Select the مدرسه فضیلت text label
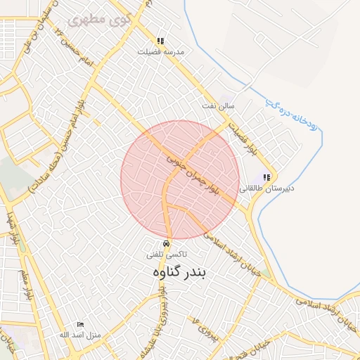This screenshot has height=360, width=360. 160,51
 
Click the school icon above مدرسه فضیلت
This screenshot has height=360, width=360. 160,41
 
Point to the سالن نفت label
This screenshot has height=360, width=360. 236,105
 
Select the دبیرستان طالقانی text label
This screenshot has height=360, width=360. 266,188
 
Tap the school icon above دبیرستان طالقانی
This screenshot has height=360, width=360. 266,177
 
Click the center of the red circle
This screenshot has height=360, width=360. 181,180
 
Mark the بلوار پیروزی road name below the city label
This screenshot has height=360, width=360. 162,309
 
